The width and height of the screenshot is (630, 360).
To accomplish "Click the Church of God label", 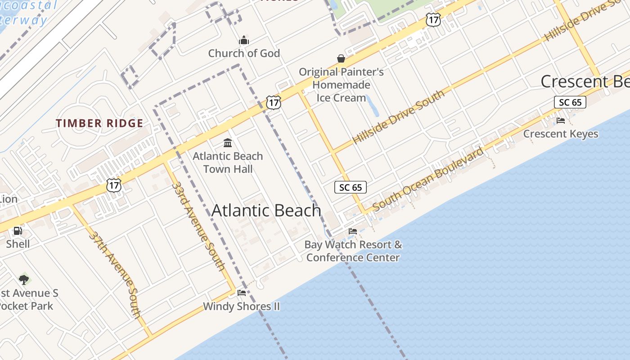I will tap(244, 53).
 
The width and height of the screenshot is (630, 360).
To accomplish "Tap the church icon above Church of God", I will tap(244, 40).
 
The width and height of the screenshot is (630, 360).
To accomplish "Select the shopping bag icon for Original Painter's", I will tap(341, 59).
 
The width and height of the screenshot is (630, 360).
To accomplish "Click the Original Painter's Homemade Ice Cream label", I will tap(341, 85).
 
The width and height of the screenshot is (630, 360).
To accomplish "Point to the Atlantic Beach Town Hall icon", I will tap(228, 143).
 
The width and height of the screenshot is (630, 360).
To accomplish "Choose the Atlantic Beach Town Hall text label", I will tap(228, 162).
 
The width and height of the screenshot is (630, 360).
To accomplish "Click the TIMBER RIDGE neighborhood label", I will tap(99, 123).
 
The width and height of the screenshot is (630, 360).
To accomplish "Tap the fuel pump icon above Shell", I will tap(18, 231).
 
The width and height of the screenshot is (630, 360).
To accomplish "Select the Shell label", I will tap(18, 244).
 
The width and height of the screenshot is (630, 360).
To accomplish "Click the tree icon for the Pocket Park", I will tap(24, 280).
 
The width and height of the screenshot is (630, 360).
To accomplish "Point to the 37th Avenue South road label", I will tap(115, 274).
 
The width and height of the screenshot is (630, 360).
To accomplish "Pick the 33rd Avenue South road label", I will tap(198, 226).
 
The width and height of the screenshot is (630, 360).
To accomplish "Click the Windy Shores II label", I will tap(241, 306).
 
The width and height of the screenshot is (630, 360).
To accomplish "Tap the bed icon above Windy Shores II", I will tap(241, 293).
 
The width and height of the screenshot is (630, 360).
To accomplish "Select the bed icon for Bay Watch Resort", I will tap(353, 231).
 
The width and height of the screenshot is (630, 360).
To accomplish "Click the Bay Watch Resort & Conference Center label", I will tap(353, 251).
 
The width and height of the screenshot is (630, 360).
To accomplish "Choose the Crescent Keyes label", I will tap(561, 134).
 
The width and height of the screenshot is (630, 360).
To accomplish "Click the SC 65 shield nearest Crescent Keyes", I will tap(570, 102).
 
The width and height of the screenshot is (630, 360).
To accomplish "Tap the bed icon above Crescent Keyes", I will tap(561, 121).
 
